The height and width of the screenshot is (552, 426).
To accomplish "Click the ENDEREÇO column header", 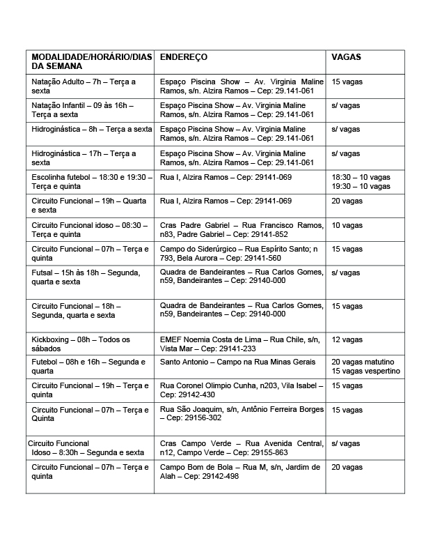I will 184,57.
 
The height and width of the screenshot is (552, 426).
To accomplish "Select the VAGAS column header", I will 346,57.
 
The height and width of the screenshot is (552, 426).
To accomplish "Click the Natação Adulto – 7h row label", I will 84,86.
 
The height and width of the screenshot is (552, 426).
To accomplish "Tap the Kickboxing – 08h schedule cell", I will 81,344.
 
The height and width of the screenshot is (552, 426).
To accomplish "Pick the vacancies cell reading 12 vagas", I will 347,339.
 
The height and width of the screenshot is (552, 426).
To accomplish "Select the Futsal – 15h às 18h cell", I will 86,277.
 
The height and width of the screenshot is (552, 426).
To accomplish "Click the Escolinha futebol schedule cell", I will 91,182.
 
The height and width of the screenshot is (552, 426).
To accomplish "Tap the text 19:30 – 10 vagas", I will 361,187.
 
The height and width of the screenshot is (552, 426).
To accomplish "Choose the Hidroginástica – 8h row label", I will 91,129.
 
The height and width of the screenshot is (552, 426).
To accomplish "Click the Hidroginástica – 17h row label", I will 84,158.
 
